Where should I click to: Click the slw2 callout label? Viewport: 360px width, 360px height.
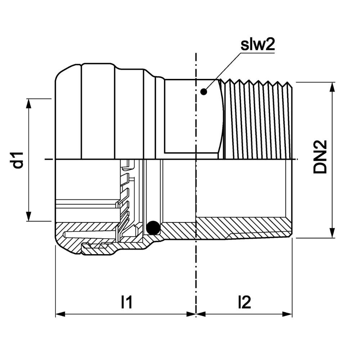pos(257,45)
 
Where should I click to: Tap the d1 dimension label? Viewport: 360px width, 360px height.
pos(18,160)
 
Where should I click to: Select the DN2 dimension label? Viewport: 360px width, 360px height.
pos(320,157)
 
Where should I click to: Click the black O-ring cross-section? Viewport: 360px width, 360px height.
pos(153,228)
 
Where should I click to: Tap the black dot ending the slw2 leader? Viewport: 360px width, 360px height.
pos(203,91)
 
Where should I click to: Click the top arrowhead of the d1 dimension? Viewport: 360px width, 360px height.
pos(28,104)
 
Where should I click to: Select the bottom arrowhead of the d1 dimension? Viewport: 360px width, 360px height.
pos(28,216)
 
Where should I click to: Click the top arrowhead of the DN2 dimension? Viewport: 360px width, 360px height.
pos(332,87)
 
